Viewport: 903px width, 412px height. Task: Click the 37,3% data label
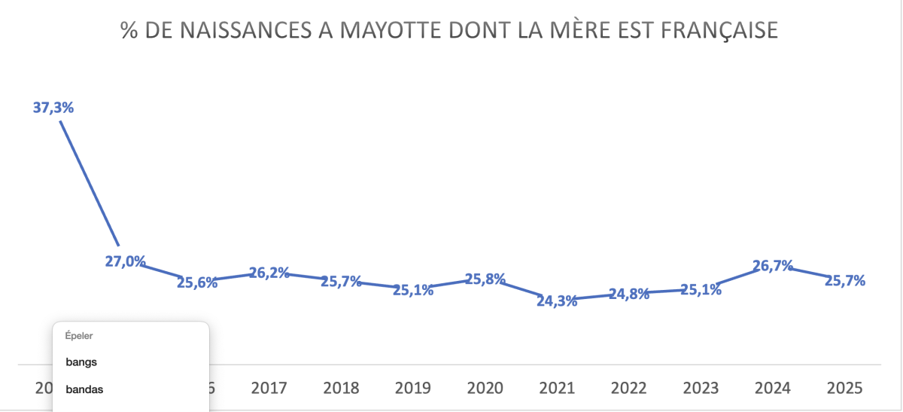pos(53,108)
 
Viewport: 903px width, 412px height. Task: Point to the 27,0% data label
pos(125,262)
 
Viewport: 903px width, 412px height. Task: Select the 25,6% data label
pos(197,283)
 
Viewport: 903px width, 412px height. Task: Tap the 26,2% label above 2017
pos(269,273)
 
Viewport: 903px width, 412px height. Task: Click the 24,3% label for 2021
pos(558,301)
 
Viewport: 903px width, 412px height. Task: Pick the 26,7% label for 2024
pos(774,266)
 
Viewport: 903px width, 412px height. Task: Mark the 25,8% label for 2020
pos(485,279)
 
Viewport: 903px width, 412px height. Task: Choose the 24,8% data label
pos(629,295)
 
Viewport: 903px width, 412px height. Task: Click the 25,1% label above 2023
pos(701,289)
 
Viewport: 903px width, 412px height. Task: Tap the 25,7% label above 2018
pos(341,282)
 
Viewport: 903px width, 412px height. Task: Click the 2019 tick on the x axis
pos(413,389)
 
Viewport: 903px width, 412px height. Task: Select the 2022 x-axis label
pos(629,389)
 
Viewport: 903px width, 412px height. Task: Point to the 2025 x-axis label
pos(845,389)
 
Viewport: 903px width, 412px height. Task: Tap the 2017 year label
pos(269,389)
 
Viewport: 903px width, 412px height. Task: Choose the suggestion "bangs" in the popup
pos(81,362)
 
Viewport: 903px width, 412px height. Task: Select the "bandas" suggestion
pos(84,390)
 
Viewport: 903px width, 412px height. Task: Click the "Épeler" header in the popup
pos(79,336)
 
